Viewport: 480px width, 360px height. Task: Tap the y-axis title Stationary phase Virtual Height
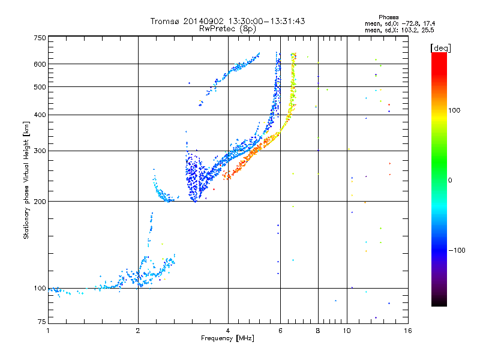click(x=26, y=180)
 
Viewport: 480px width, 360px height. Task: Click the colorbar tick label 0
click(x=451, y=180)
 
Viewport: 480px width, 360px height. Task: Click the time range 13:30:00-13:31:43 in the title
click(x=265, y=21)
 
